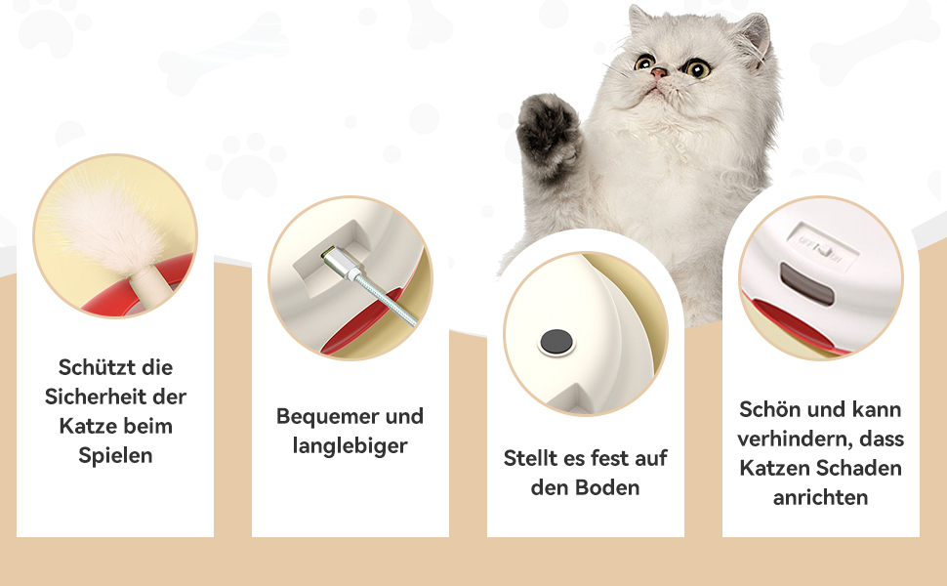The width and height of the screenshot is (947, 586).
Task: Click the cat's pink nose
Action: [x=659, y=73]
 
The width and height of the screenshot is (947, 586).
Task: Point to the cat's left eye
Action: [x=644, y=62]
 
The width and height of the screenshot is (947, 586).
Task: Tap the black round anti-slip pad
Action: [x=556, y=342]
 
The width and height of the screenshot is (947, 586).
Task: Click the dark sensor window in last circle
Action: [x=806, y=283]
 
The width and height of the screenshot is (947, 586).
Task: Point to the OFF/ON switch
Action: [x=819, y=247]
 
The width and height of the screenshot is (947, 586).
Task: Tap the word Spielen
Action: [x=115, y=456]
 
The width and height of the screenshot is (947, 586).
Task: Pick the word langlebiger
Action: [x=350, y=446]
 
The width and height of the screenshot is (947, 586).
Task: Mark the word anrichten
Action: [x=821, y=498]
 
